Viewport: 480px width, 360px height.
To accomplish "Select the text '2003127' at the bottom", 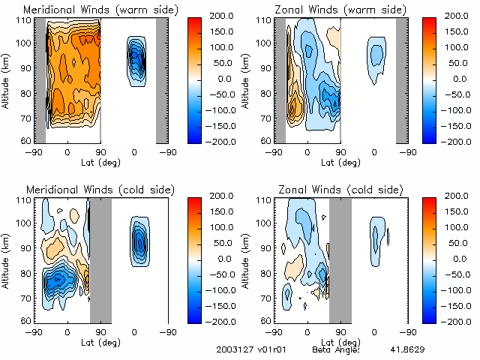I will [x=231, y=349].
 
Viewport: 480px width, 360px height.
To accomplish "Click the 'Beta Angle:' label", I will [x=336, y=349].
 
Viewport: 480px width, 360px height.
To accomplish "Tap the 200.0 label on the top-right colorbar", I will [x=457, y=14].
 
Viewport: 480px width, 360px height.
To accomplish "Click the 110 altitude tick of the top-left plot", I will [x=25, y=21].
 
